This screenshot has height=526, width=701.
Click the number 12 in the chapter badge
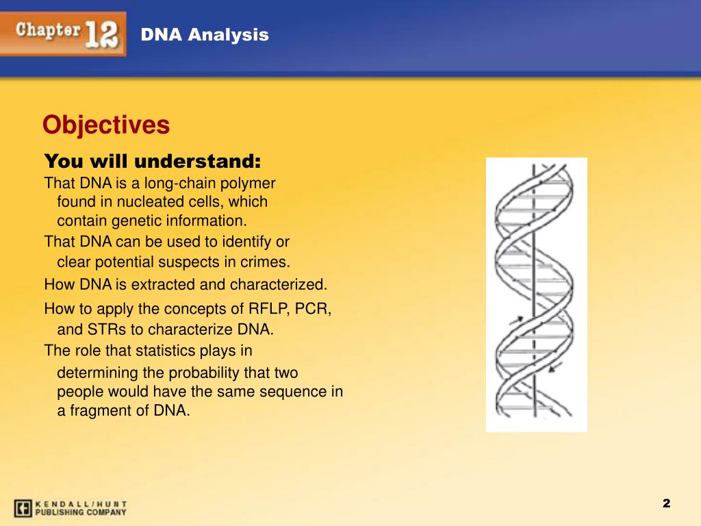pos(101,34)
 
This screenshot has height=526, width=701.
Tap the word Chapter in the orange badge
pos(49,30)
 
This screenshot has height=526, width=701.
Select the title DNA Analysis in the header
pos(205,34)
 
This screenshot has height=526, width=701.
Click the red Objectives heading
pos(106,125)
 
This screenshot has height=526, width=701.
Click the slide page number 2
pos(667,503)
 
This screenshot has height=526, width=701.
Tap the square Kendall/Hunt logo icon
pos(23,508)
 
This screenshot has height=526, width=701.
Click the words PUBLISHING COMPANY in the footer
pos(81,512)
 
